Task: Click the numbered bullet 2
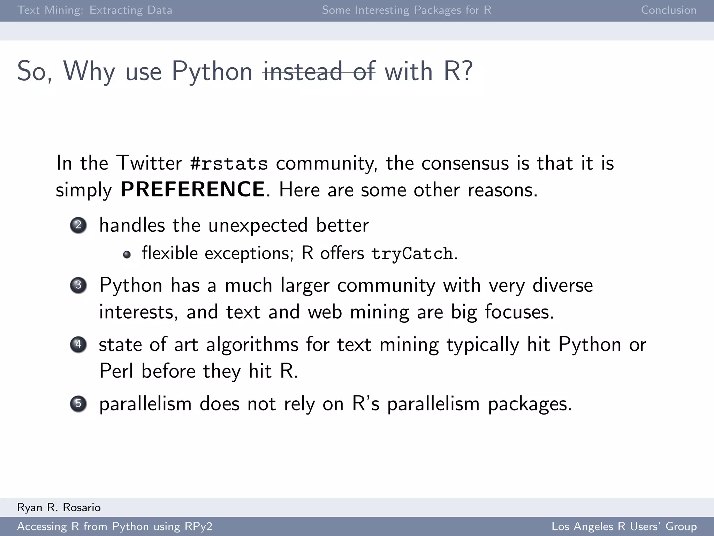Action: coord(78,225)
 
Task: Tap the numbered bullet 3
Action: coord(78,285)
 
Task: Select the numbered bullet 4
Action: coord(78,344)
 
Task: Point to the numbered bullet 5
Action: coord(78,404)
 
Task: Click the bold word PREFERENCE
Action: coord(192,189)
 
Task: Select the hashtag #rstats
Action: coord(229,163)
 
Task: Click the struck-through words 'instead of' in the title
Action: coord(319,72)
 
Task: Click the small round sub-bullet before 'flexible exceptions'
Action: coord(127,254)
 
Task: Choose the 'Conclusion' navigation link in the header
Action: coord(668,10)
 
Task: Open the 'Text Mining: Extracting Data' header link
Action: coord(94,10)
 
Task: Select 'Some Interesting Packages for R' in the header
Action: coord(407,10)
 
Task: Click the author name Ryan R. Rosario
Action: coord(59,507)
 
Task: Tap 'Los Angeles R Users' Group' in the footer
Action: coord(624,526)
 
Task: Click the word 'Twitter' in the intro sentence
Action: coord(149,163)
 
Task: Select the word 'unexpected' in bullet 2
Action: coord(258,225)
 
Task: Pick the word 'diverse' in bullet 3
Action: coord(562,285)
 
